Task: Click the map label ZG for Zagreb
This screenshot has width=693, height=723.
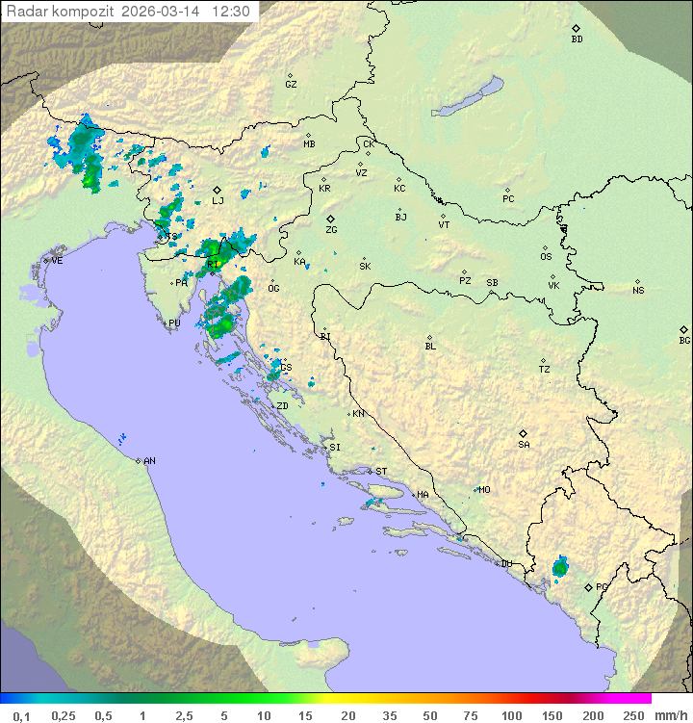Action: (331, 231)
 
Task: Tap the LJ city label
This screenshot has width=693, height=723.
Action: (218, 201)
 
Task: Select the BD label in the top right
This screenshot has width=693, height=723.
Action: (577, 39)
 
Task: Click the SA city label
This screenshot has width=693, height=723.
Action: (524, 445)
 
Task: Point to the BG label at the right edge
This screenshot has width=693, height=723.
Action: (684, 341)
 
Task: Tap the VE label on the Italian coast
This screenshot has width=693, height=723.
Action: (57, 261)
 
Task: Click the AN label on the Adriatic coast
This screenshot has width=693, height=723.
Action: (149, 461)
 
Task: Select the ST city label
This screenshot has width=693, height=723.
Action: (381, 472)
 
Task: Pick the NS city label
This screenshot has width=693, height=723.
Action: (638, 291)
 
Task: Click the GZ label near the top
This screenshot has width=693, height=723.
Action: (291, 85)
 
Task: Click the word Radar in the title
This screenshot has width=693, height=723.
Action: (26, 12)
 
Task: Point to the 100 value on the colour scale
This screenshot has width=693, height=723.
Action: (512, 715)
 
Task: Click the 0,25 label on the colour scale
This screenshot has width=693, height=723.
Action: (64, 715)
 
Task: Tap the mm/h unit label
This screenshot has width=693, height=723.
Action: (670, 715)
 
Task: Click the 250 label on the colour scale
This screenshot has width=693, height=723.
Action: (633, 715)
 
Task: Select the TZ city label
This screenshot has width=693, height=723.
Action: (545, 370)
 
